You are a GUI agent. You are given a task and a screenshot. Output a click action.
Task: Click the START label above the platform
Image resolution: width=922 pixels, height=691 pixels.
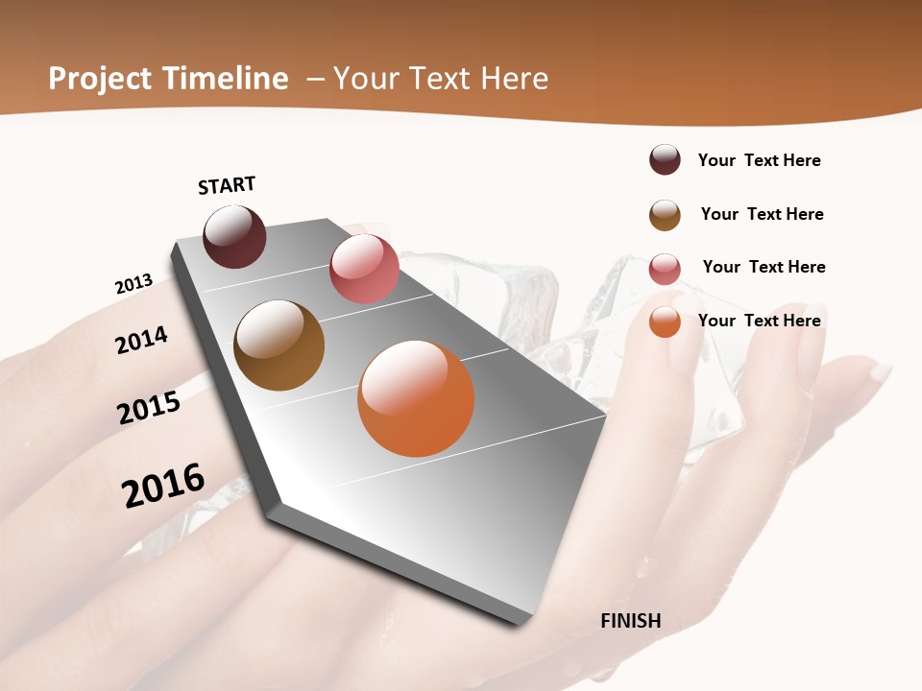coord(227,185)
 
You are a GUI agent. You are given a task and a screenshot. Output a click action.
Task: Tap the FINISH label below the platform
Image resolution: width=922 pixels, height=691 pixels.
coord(630,621)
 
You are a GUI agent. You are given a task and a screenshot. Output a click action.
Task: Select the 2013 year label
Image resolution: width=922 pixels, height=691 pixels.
coord(133,284)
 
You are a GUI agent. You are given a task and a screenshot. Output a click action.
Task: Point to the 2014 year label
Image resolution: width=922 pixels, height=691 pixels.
coord(141,341)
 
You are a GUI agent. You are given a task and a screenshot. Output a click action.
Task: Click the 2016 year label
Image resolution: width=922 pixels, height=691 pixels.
coord(163,485)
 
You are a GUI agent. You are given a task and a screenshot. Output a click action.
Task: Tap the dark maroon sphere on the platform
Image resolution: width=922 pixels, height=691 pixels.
coord(234,236)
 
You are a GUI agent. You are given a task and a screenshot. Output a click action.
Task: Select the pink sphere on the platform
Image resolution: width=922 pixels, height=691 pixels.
coord(364,269)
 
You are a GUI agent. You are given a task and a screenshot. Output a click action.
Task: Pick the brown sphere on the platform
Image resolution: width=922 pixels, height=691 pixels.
coord(279,345)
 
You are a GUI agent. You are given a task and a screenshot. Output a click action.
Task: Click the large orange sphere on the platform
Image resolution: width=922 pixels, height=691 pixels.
coord(416,398)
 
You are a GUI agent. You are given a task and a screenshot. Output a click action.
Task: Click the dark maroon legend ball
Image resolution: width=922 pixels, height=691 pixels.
coord(665,160)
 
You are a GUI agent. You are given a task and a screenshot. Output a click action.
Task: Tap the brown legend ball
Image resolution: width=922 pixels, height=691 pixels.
coord(665,215)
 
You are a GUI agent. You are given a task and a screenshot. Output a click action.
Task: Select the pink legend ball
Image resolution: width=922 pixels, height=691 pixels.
coord(665,269)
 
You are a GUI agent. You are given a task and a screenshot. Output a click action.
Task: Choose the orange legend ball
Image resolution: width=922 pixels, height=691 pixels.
coord(665,322)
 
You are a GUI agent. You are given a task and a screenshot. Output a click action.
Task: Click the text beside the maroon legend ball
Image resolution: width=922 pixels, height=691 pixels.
coord(759,160)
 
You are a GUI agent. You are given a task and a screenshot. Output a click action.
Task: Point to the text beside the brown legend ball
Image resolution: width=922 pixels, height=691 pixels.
coord(762,214)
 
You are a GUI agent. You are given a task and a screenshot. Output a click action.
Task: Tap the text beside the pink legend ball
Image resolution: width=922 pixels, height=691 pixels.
coord(764,267)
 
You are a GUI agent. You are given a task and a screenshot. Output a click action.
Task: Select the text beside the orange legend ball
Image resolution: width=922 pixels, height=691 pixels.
coord(759,321)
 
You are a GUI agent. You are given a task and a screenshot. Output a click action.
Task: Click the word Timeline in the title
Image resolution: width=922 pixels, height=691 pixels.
coord(226,79)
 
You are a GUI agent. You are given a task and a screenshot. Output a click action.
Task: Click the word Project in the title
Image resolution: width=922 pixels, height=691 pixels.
coord(100,79)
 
